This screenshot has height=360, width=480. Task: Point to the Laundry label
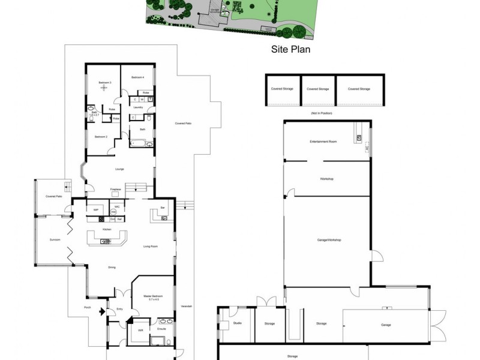coord(138,107)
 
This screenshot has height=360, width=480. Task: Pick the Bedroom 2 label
coord(101,137)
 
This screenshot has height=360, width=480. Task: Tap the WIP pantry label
coord(95,209)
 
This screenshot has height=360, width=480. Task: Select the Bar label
coord(163,208)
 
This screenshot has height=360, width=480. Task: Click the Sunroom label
coord(55,239)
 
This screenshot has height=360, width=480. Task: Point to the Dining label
coord(112,267)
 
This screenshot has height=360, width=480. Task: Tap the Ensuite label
coord(161,329)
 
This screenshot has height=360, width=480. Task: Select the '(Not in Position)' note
coord(322,113)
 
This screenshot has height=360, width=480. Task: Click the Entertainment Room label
coord(323,142)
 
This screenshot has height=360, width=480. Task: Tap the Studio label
coord(236,324)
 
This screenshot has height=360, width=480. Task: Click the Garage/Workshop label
coord(329,240)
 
